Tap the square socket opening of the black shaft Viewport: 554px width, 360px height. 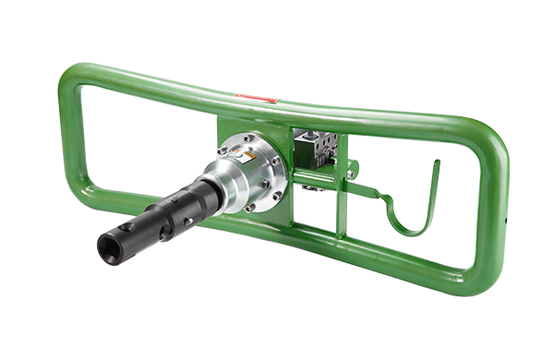[109, 246]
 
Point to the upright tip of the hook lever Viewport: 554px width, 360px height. [437, 166]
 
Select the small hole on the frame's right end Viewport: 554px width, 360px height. [509, 219]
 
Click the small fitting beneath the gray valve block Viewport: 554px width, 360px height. [312, 187]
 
